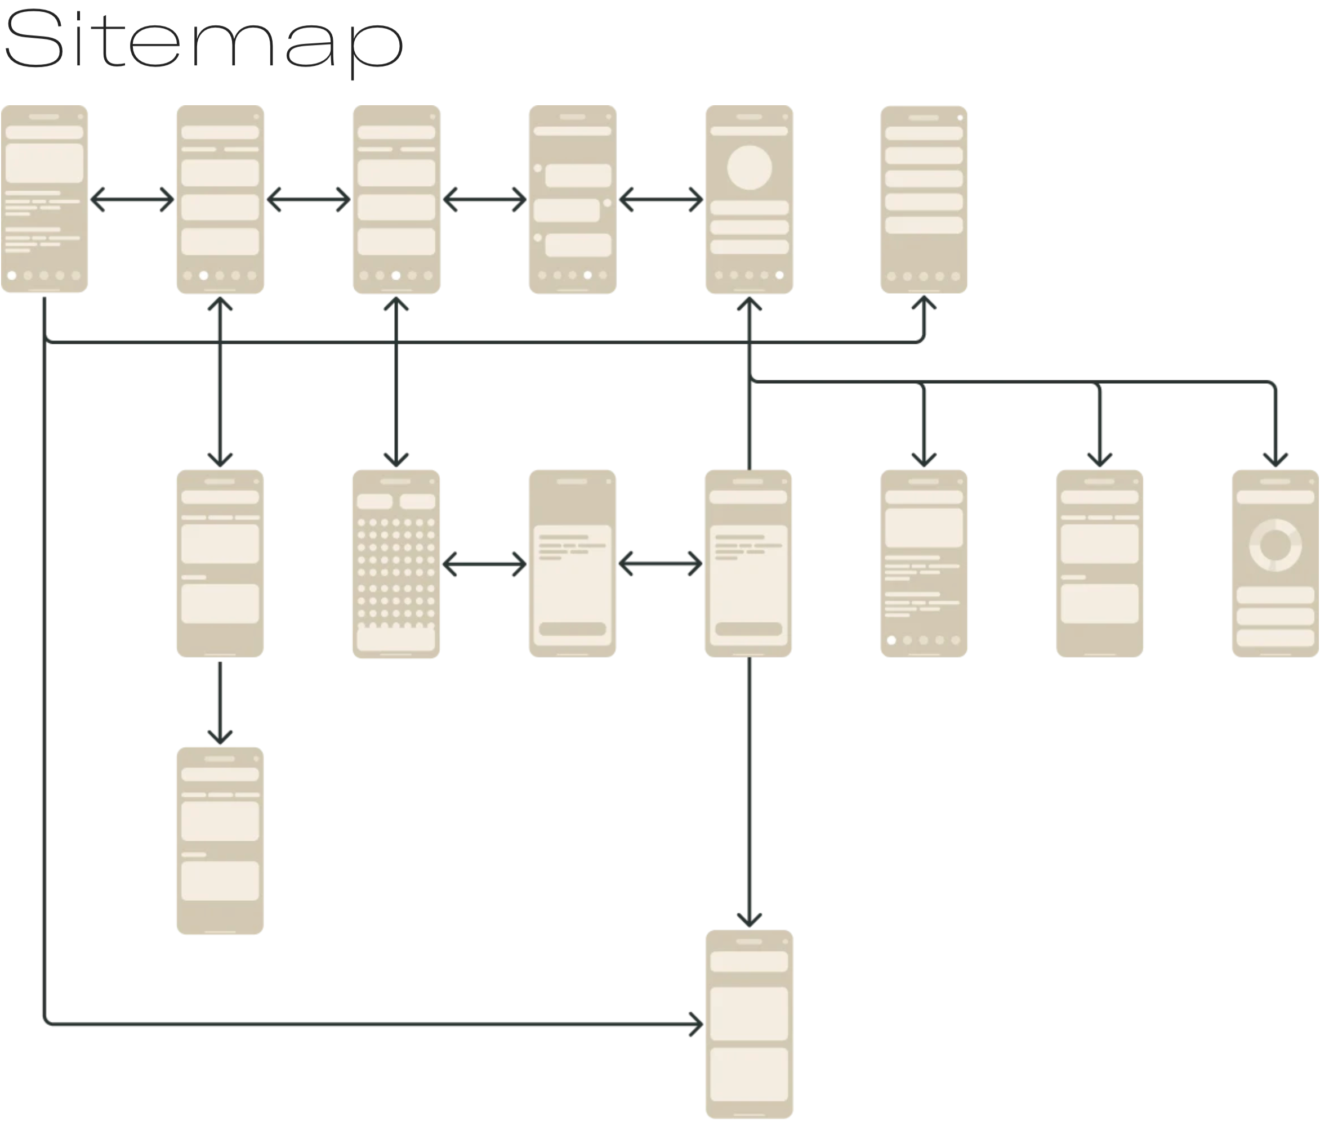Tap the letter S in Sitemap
(x=34, y=39)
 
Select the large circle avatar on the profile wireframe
(x=749, y=167)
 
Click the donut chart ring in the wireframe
(x=1275, y=546)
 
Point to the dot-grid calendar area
(x=395, y=570)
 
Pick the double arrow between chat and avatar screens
(x=661, y=200)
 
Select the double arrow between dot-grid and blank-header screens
(x=484, y=564)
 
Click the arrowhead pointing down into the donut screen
(x=1275, y=459)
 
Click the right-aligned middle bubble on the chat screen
(x=566, y=210)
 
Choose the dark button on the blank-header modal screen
(x=572, y=629)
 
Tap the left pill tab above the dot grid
(x=374, y=501)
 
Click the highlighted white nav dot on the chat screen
(x=587, y=275)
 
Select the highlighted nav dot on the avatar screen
(x=779, y=275)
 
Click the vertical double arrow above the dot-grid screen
(x=396, y=382)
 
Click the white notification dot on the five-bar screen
(x=960, y=118)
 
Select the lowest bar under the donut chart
(x=1275, y=638)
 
